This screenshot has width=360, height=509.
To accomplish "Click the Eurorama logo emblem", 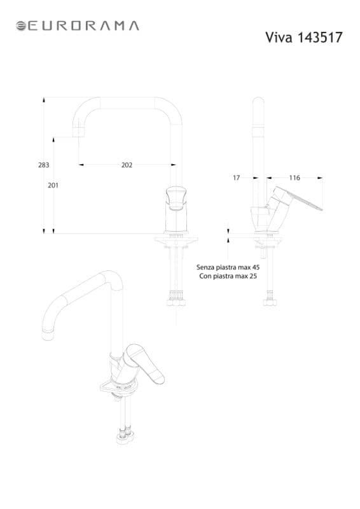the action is pyautogui.click(x=21, y=26).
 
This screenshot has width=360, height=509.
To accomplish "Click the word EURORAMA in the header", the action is pyautogui.click(x=83, y=26).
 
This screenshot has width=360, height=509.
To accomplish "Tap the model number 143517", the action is pyautogui.click(x=320, y=38).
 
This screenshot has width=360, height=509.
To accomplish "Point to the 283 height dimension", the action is pyautogui.click(x=44, y=165).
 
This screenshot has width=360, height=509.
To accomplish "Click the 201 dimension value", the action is pyautogui.click(x=53, y=185).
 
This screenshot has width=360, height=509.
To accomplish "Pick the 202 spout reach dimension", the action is pyautogui.click(x=127, y=165).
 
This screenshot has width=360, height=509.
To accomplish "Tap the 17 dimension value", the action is pyautogui.click(x=237, y=178).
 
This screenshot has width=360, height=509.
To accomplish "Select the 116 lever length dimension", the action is pyautogui.click(x=294, y=178).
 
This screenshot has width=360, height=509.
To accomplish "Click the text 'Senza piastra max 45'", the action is pyautogui.click(x=228, y=267).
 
